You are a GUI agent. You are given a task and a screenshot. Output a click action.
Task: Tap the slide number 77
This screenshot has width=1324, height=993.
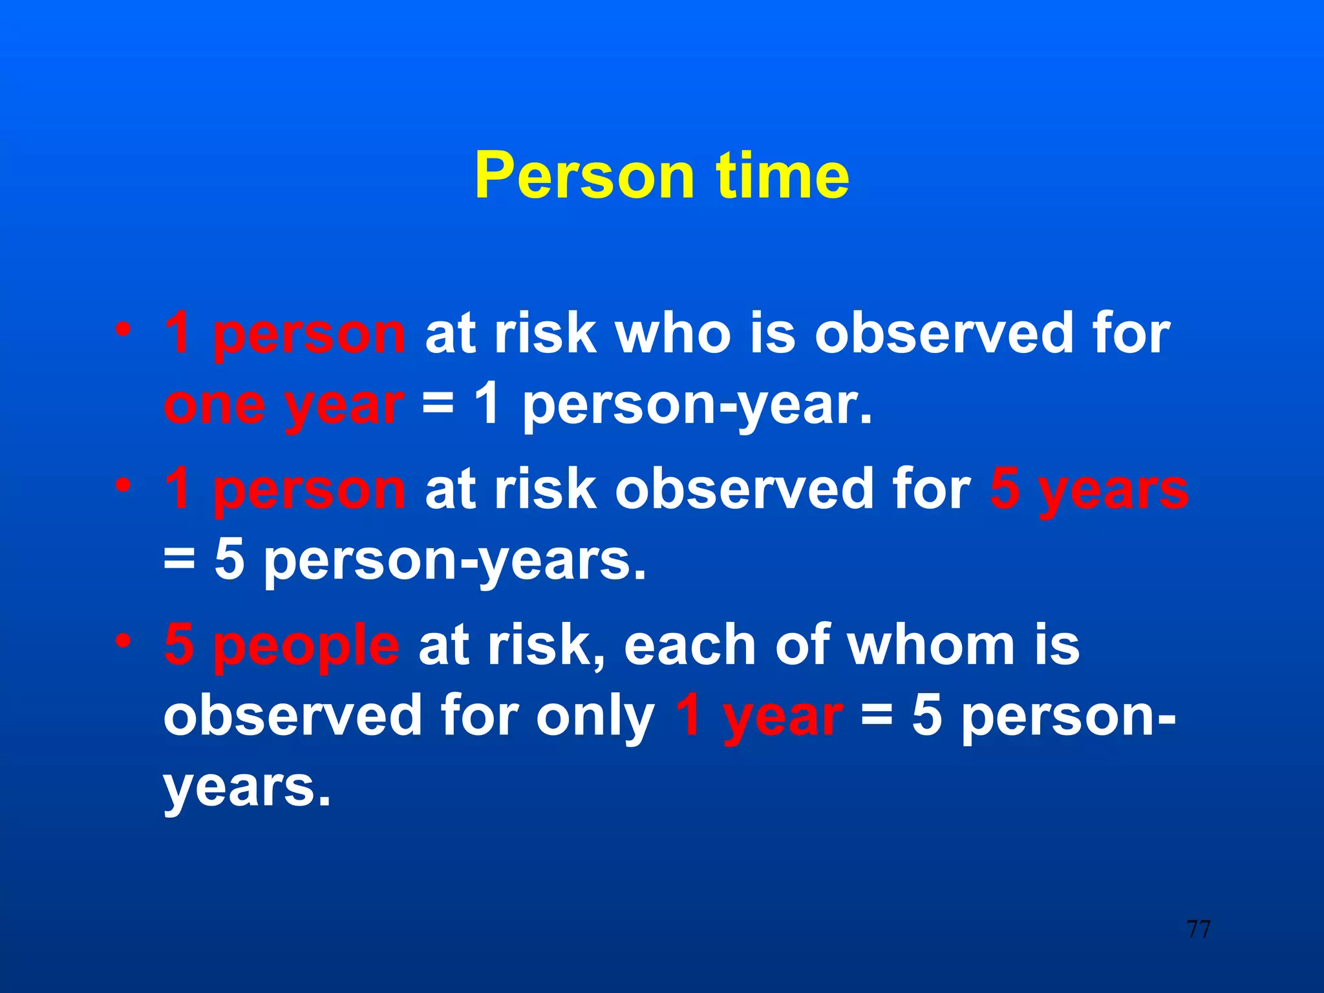[x=1198, y=930]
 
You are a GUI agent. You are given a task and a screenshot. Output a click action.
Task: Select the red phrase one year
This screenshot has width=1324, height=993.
[x=283, y=406]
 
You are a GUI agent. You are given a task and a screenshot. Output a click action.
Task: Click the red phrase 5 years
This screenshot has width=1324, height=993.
[x=1089, y=490]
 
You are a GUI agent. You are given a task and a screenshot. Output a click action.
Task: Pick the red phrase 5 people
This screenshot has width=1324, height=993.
[x=282, y=645]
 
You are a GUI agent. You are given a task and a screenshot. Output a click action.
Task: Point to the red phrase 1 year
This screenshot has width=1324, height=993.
[x=758, y=717]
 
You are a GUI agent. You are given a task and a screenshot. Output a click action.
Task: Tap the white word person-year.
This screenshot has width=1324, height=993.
[x=697, y=406]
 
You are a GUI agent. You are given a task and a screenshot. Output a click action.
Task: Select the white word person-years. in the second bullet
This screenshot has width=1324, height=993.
[x=455, y=561]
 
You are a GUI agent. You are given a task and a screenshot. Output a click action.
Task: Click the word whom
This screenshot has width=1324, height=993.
[x=931, y=645]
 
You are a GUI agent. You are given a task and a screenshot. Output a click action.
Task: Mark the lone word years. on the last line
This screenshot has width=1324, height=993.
[x=246, y=788]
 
